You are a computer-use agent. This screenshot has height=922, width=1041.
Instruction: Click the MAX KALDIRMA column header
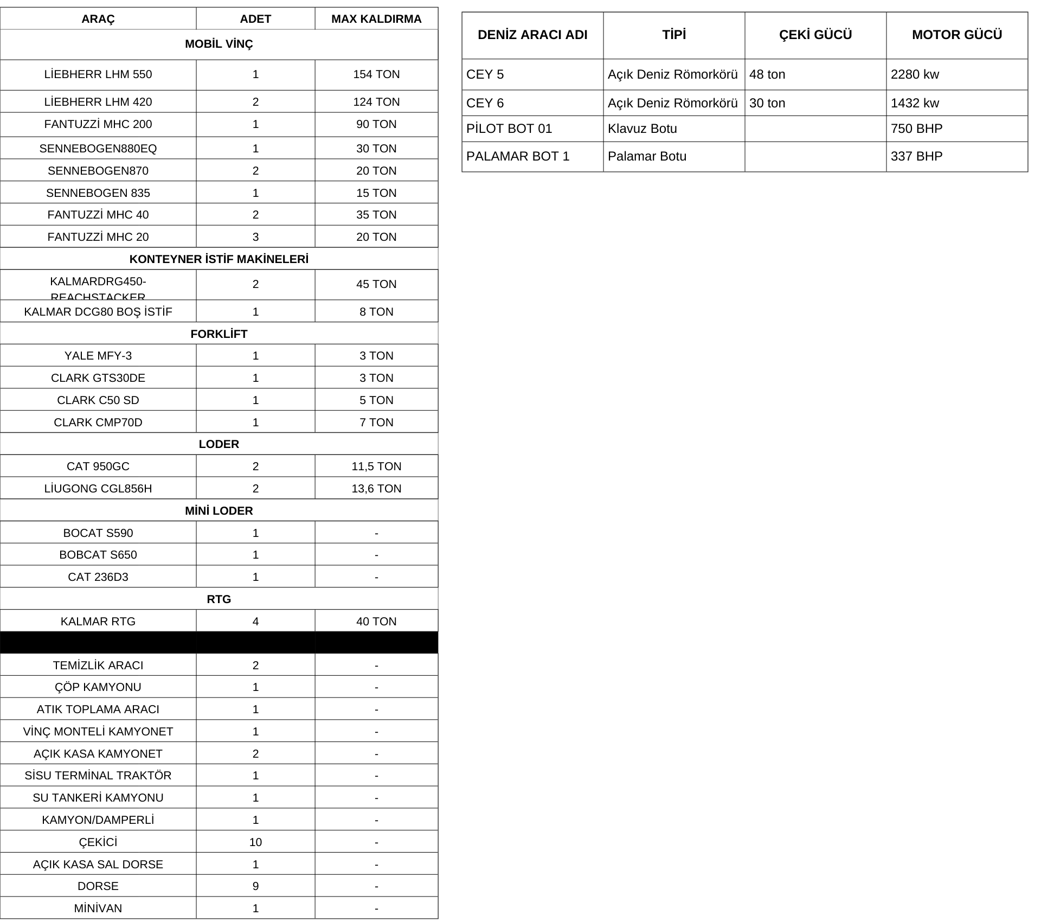376,19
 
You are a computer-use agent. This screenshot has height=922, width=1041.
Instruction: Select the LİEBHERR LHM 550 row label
98,74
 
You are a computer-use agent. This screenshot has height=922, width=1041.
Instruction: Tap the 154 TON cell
376,74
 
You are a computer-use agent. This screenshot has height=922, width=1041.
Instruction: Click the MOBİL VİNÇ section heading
219,44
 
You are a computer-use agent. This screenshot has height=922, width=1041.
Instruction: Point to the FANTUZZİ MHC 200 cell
98,124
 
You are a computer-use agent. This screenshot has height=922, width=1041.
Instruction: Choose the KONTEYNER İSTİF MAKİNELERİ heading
219,259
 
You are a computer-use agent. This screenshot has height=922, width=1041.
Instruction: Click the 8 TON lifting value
376,312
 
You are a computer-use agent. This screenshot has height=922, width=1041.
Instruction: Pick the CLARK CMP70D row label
98,422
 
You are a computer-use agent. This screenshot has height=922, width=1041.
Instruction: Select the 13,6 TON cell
376,489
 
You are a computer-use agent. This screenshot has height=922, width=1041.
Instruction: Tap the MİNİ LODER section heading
219,511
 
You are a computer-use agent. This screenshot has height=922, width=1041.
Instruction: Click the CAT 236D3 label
98,577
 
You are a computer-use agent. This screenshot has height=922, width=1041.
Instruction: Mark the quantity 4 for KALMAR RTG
255,622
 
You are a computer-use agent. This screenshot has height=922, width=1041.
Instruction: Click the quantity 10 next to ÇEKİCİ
255,842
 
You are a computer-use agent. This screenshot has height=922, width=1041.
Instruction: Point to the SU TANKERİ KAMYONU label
98,798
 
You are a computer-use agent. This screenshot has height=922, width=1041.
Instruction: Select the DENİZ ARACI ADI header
532,35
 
